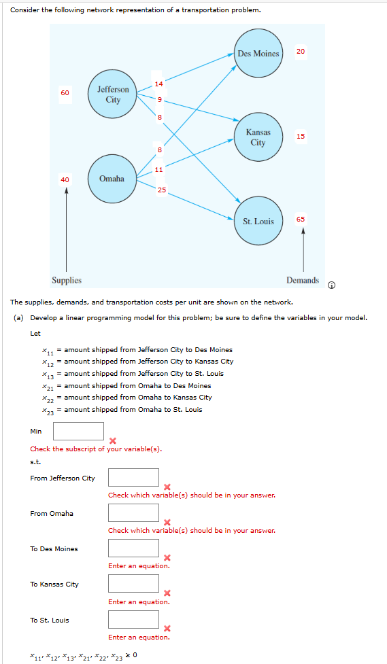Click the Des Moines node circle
258,54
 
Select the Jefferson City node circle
113,94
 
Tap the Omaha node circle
112,179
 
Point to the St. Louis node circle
258,221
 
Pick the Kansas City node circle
258,137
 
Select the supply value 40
65,179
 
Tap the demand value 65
301,219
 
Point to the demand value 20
301,52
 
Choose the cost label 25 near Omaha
161,189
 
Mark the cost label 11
158,169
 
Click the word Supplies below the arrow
67,280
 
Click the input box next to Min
78,431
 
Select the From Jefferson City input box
133,478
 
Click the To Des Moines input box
133,548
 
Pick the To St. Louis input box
133,619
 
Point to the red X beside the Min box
112,440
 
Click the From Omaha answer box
133,513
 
